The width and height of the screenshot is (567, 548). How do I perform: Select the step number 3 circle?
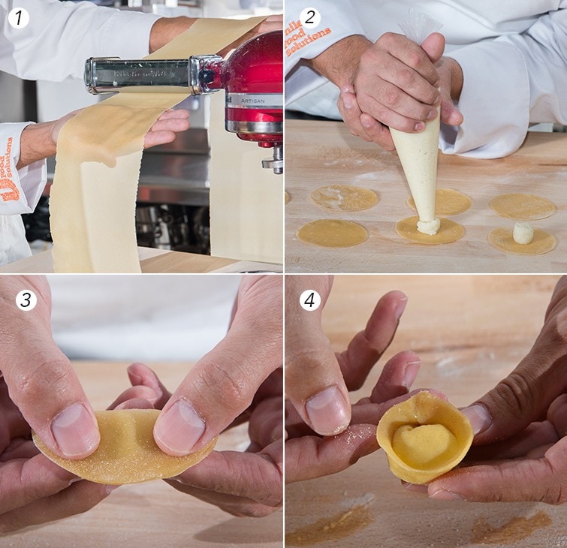click(x=26, y=300)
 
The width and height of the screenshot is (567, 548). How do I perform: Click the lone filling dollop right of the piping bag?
click(x=523, y=233)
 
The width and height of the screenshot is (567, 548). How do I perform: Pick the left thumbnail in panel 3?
click(x=74, y=429)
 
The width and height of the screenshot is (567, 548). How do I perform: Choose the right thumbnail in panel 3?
click(x=179, y=426)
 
